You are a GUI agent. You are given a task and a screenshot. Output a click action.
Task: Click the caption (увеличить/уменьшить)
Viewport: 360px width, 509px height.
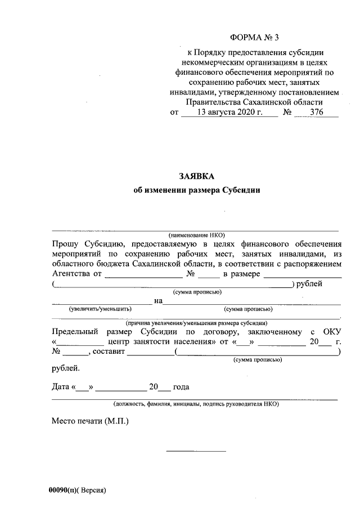pyautogui.click(x=100, y=309)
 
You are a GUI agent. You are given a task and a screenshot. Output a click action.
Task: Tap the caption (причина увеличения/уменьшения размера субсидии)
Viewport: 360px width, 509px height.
pyautogui.click(x=196, y=323)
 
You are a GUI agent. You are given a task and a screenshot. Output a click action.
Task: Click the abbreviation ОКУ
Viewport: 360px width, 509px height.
pyautogui.click(x=332, y=332)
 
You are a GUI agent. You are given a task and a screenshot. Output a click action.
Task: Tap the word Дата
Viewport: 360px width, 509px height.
pyautogui.click(x=61, y=387)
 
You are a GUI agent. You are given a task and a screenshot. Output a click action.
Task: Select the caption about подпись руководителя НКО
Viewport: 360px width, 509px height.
pyautogui.click(x=196, y=404)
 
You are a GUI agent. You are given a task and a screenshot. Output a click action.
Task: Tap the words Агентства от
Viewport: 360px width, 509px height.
pyautogui.click(x=76, y=274)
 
